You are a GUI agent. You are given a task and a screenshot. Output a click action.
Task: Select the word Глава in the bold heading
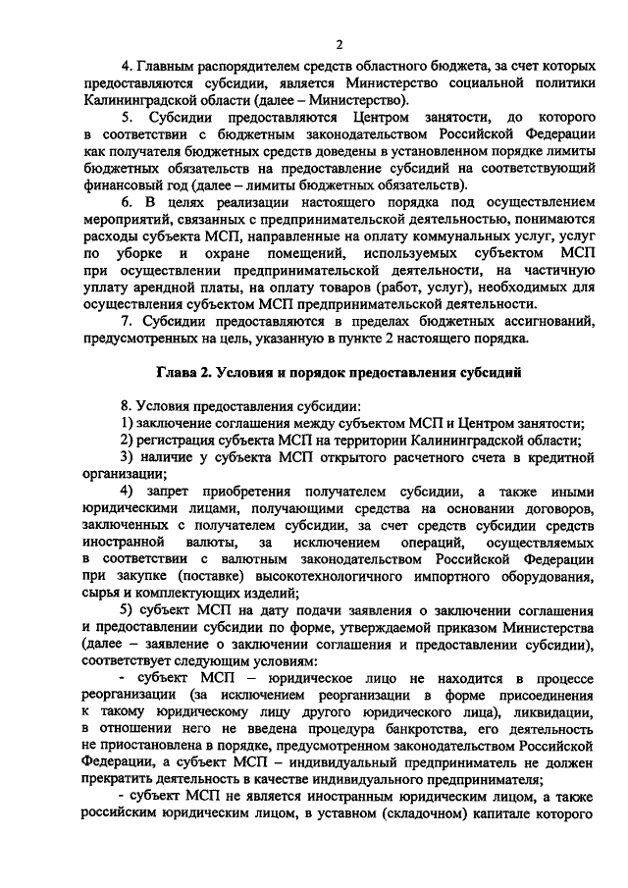click(181, 373)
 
